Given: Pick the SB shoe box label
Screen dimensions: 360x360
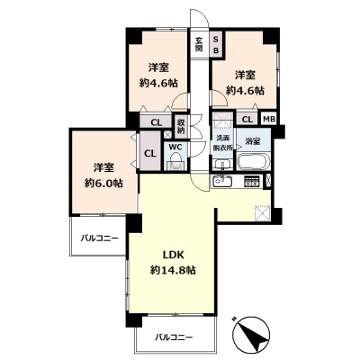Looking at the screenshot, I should click(216, 44).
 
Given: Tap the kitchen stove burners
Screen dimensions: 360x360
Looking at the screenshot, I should click(252, 183).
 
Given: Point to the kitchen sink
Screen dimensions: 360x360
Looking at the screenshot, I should click(223, 183).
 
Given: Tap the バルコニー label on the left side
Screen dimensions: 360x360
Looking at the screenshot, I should click(97, 238).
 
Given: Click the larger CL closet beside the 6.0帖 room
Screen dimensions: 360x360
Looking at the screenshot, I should click(149, 153).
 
